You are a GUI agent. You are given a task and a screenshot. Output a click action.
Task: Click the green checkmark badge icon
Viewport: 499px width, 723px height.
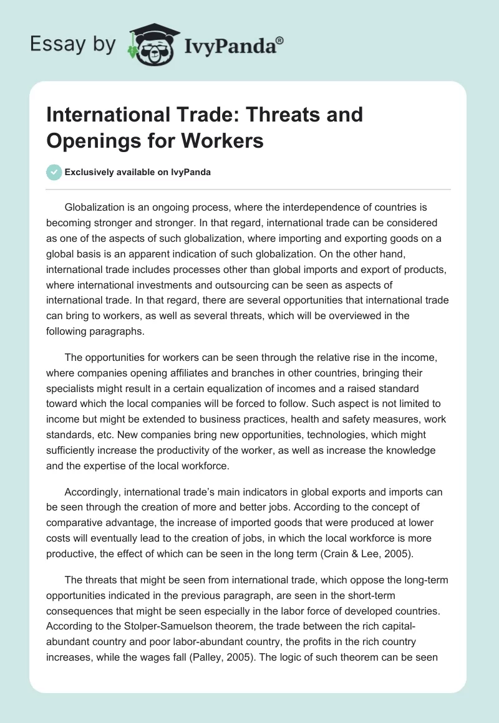55,172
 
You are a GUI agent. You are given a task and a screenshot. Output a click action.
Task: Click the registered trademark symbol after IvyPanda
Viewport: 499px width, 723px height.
280,41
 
